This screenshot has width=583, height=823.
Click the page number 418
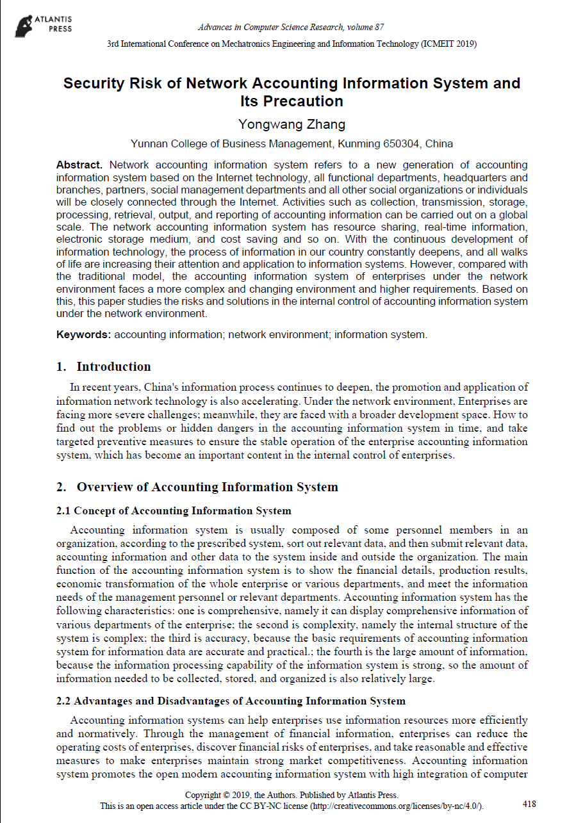pyautogui.click(x=529, y=804)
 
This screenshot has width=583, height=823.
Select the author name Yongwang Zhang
pyautogui.click(x=291, y=124)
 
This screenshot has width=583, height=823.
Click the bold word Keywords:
pyautogui.click(x=84, y=334)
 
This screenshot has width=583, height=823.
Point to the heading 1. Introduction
pyautogui.click(x=104, y=366)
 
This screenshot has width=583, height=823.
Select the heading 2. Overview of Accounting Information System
pyautogui.click(x=197, y=487)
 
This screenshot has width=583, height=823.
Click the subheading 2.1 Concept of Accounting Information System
pyautogui.click(x=174, y=510)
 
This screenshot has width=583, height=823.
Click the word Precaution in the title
pyautogui.click(x=291, y=101)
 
